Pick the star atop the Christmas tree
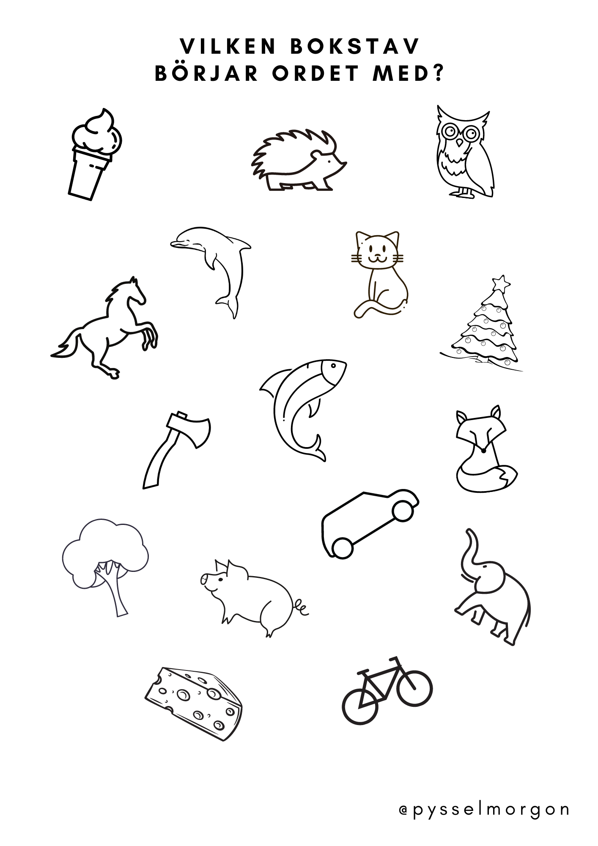click(x=502, y=283)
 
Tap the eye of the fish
click(x=334, y=365)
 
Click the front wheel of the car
click(x=402, y=511)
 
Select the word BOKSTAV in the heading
click(x=354, y=46)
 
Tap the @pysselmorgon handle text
click(x=484, y=810)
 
